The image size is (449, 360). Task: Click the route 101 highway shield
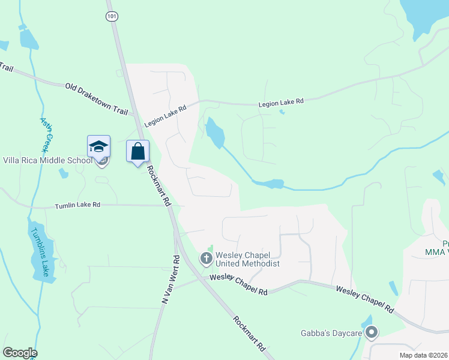click(112, 17)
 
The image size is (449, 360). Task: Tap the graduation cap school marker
click(98, 146)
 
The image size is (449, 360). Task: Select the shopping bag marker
click(137, 151)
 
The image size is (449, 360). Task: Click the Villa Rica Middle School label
click(48, 160)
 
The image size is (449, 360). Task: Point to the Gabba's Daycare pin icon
click(372, 331)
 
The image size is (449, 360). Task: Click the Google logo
click(20, 353)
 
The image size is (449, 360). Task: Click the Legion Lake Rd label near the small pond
click(281, 103)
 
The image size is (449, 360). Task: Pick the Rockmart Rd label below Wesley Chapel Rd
click(249, 334)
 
